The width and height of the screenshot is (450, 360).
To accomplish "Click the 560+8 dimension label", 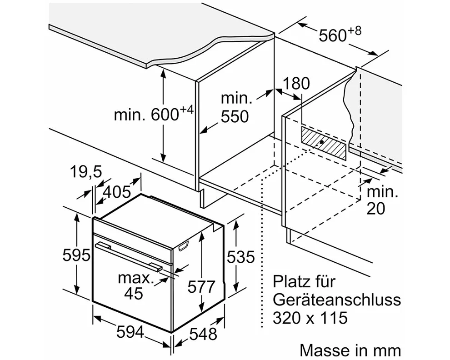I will point(339,34).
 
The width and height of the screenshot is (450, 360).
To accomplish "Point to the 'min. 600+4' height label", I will point(154,114).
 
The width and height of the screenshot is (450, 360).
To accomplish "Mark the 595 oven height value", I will point(76,255).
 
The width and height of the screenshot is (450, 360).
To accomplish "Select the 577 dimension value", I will point(201,287).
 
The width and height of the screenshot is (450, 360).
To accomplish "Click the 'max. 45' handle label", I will point(134,285).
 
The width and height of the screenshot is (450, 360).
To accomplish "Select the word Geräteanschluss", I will point(337,300).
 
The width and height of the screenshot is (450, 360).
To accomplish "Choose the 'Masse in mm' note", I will point(350,350).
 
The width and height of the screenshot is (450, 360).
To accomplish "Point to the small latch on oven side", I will point(184,246).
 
